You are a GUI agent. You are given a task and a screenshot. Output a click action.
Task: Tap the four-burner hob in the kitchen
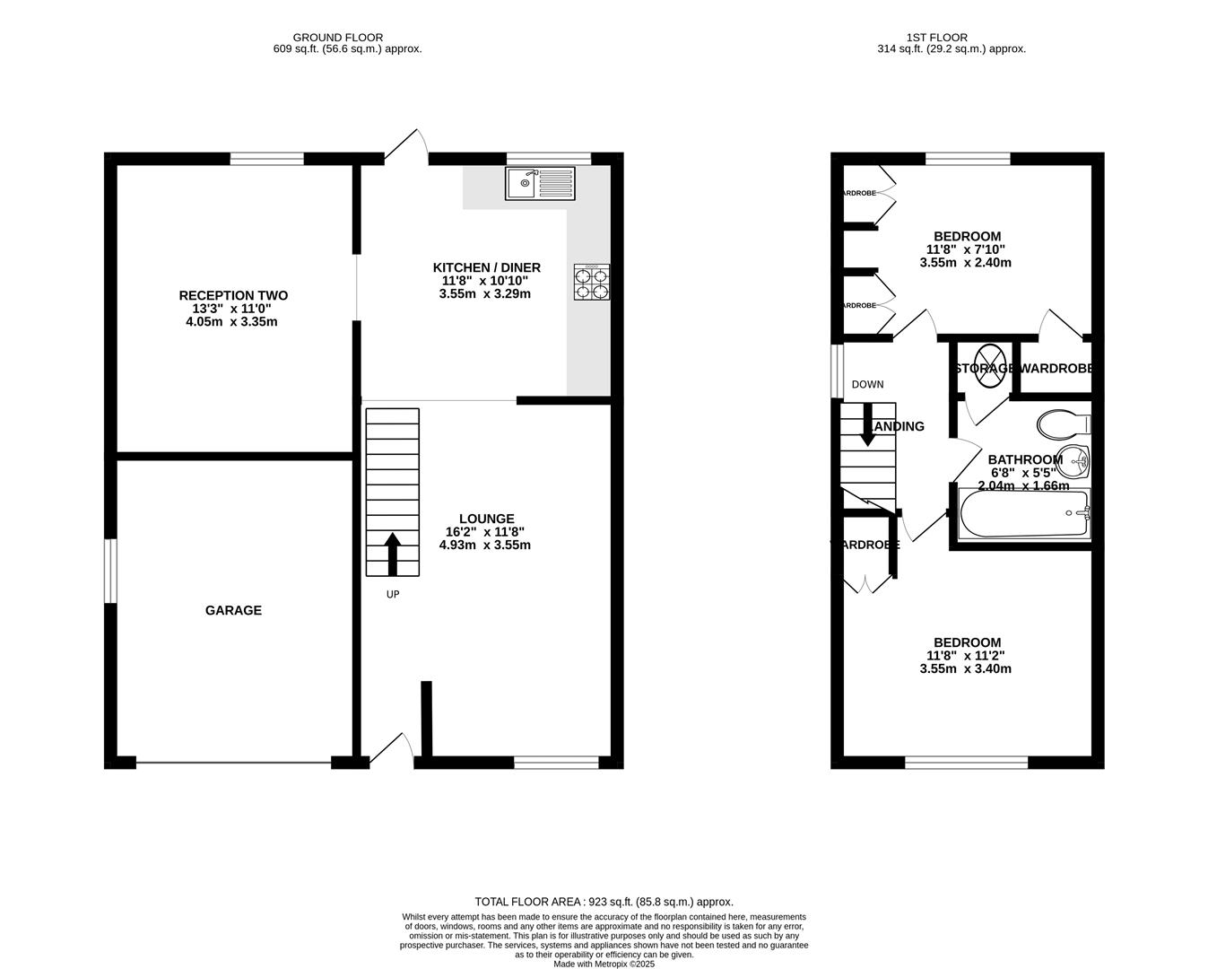click(x=591, y=282)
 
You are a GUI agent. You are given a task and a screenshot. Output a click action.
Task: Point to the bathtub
click(x=1023, y=514)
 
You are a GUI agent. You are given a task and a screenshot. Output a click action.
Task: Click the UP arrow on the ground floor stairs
click(x=392, y=554)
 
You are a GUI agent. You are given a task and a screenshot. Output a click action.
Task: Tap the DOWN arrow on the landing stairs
click(x=867, y=424)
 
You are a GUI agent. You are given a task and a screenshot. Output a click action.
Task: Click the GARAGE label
click(x=233, y=610)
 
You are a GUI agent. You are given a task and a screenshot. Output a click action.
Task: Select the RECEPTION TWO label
click(x=233, y=295)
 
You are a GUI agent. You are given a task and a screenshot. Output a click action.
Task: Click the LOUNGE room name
click(x=486, y=519)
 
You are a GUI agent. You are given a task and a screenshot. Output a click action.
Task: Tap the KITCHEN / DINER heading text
click(x=486, y=267)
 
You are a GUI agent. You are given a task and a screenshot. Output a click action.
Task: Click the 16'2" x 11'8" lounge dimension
click(x=485, y=531)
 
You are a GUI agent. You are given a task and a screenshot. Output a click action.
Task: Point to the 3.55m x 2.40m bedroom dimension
click(x=965, y=263)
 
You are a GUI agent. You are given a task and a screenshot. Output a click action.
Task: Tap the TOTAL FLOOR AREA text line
click(x=604, y=902)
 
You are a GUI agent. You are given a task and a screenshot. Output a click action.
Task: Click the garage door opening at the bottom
click(x=233, y=764)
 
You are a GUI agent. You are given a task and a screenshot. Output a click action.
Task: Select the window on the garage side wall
click(x=109, y=571)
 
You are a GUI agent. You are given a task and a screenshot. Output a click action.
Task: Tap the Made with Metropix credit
click(x=604, y=965)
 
